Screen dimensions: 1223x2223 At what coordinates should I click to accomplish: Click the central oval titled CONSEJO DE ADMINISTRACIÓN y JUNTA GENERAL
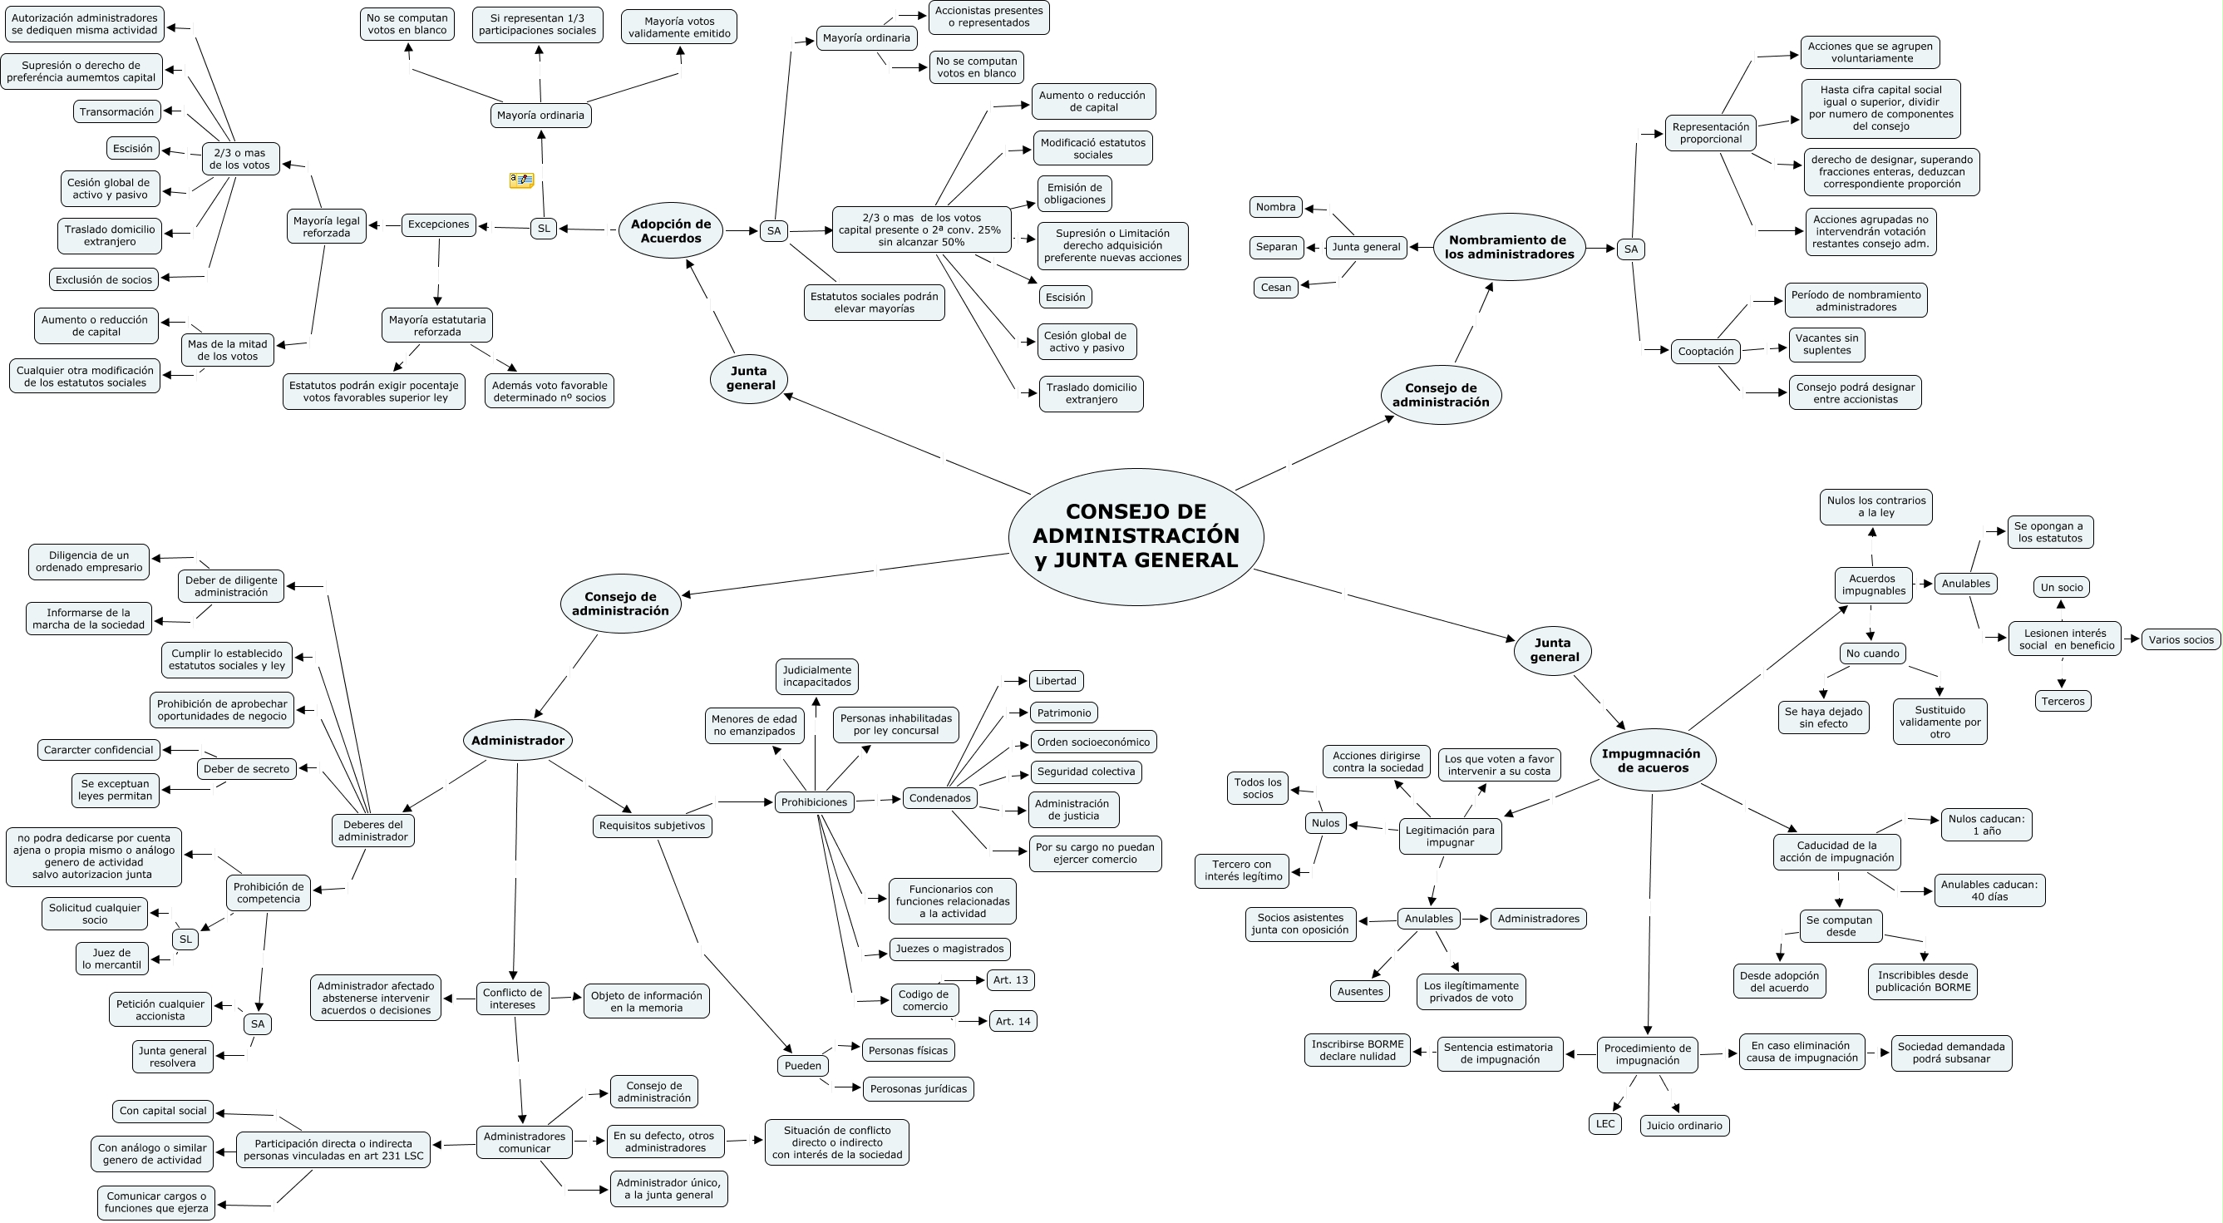click(1136, 536)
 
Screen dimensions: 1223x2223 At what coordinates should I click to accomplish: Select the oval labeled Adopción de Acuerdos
click(671, 230)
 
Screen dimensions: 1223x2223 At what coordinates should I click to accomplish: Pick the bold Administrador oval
click(518, 741)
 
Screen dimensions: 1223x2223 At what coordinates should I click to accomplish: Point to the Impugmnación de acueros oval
click(1652, 761)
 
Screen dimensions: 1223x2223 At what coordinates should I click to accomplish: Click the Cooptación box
click(1705, 352)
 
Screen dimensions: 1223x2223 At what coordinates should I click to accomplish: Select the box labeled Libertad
click(1056, 681)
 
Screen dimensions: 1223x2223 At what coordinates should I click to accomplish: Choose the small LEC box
click(1605, 1124)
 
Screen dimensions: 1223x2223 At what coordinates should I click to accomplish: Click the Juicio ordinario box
click(1684, 1126)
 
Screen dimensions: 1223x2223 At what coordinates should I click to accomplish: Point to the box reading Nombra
click(1275, 207)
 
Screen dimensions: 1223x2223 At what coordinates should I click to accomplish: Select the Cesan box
click(1275, 288)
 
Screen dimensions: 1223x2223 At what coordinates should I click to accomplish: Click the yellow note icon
click(521, 180)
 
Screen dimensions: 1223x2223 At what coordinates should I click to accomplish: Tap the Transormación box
click(116, 112)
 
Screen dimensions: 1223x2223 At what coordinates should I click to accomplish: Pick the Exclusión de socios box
click(104, 279)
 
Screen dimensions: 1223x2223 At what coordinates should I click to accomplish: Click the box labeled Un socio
click(2062, 588)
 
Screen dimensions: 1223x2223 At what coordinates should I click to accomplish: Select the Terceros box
click(2063, 701)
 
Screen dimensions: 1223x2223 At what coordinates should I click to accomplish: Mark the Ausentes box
click(1360, 992)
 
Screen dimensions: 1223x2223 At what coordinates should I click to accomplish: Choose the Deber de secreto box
click(247, 769)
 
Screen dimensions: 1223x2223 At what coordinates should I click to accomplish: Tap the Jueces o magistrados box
click(949, 949)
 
